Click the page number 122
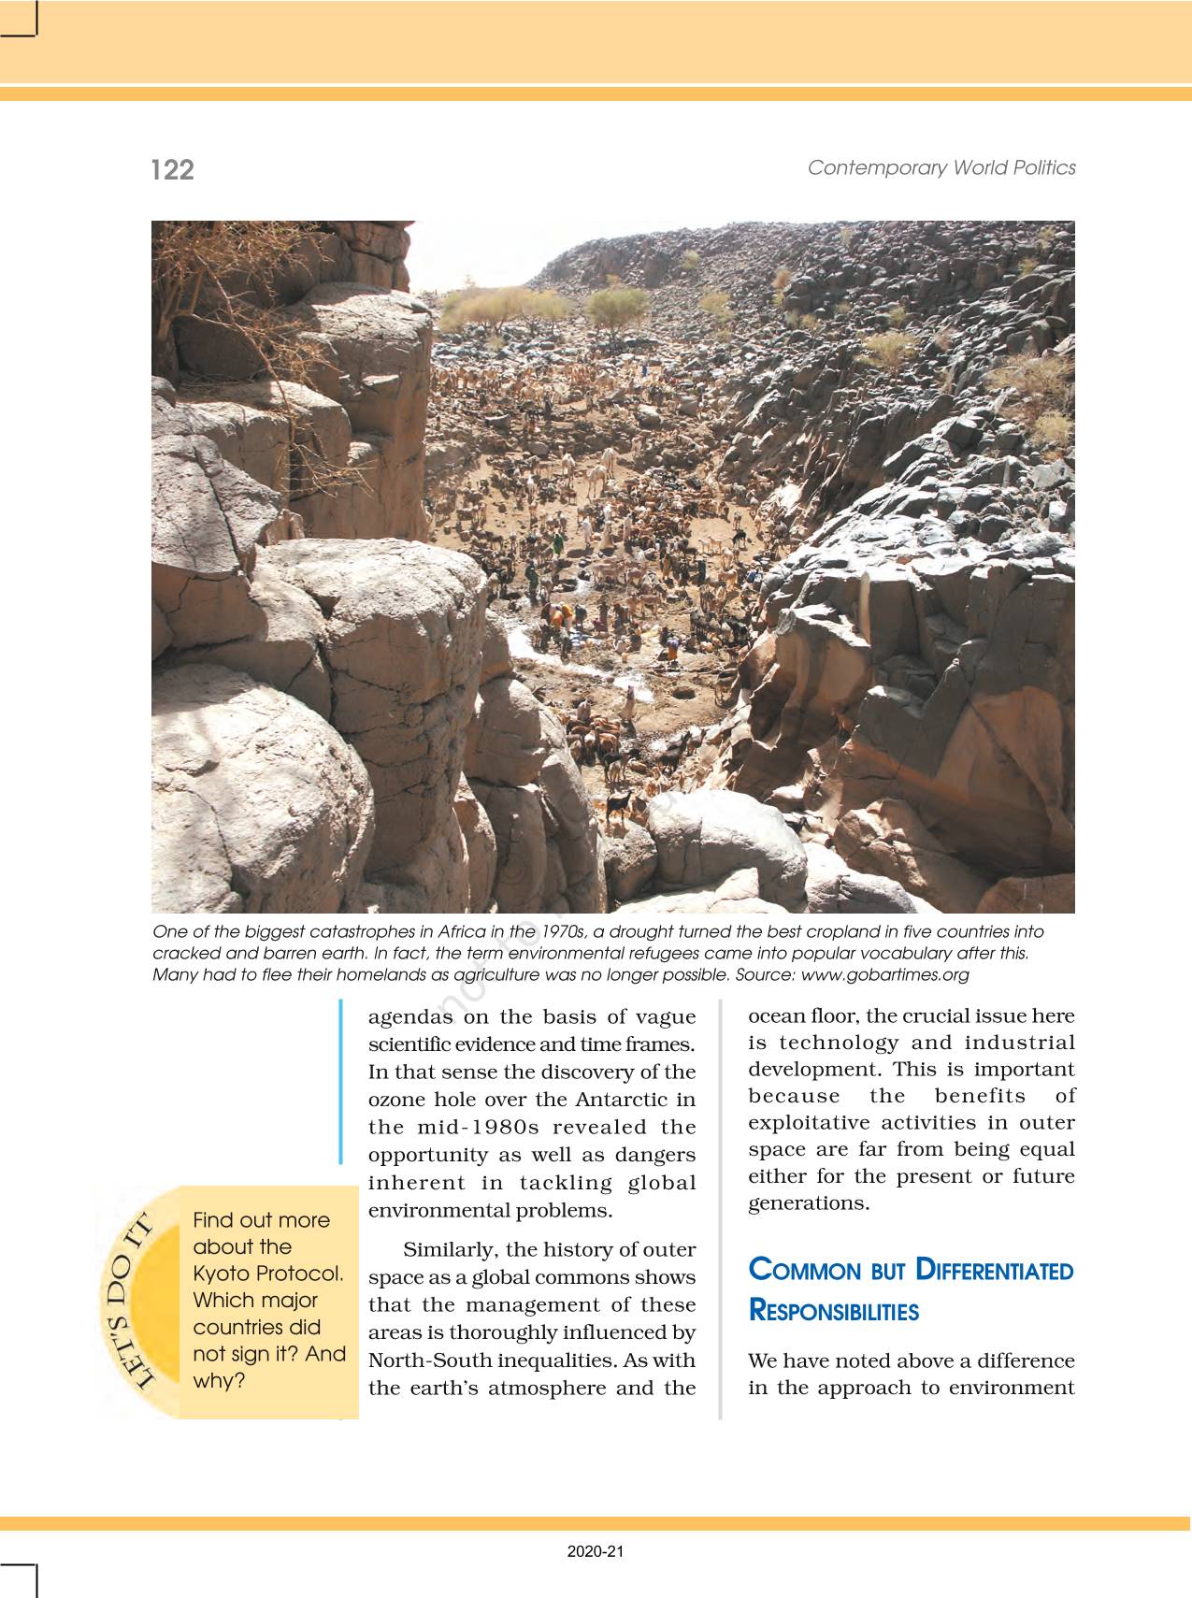click(173, 169)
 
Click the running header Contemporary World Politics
click(941, 167)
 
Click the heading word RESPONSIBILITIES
click(834, 1311)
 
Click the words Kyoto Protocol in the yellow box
click(268, 1274)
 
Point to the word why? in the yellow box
click(219, 1380)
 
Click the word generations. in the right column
click(809, 1202)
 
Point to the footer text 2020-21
click(596, 1551)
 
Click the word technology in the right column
click(836, 1043)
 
